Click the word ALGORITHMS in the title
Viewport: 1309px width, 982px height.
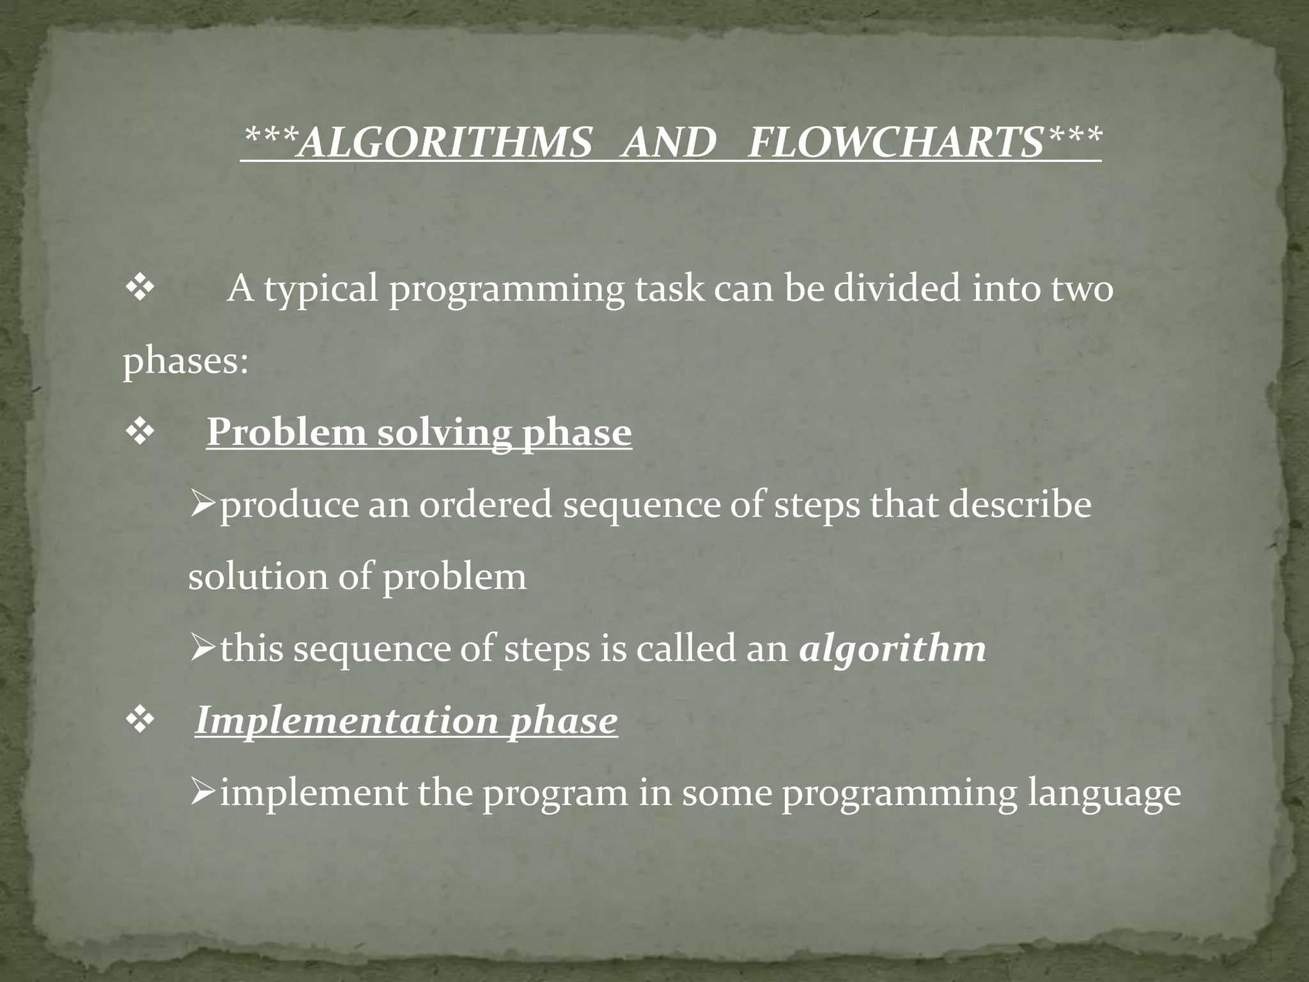point(445,142)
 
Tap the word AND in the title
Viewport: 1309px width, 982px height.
point(669,142)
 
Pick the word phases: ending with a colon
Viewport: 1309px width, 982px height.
point(185,361)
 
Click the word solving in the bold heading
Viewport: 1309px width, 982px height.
point(444,434)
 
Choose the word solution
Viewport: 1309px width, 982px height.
point(257,577)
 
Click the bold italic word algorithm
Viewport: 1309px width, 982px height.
point(892,650)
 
